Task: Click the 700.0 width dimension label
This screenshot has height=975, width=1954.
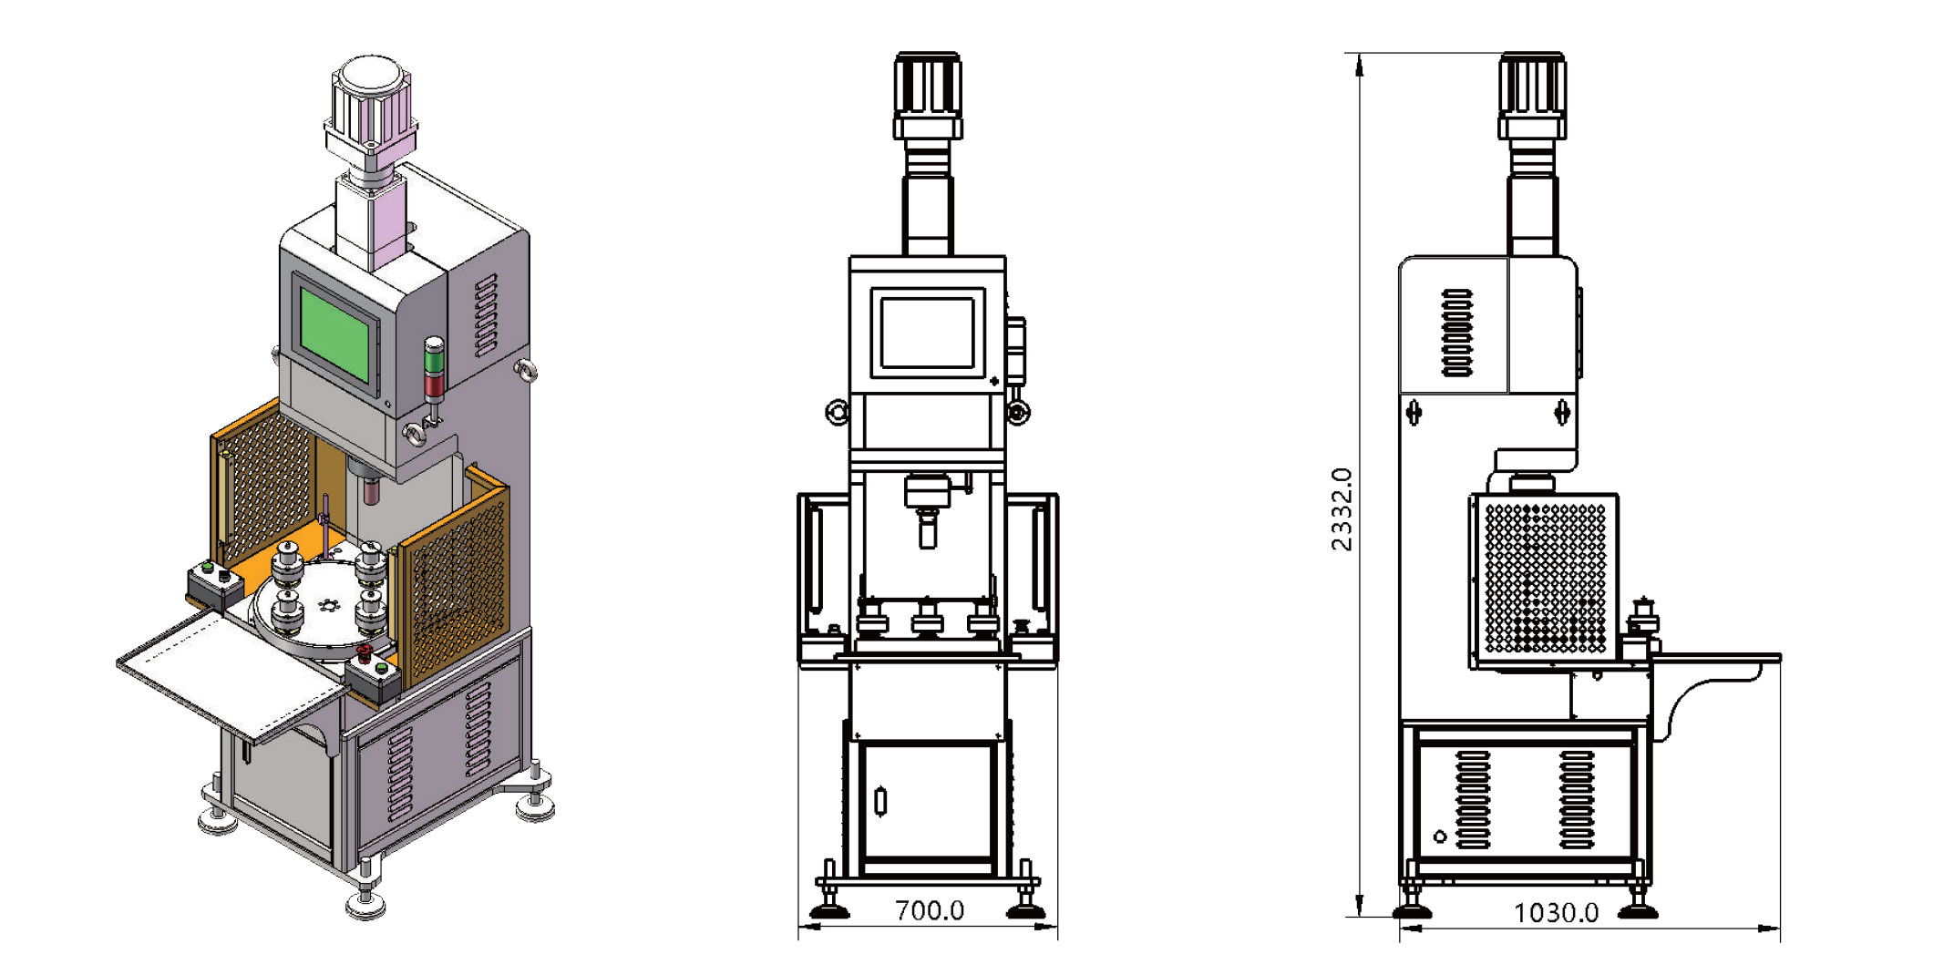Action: pyautogui.click(x=929, y=910)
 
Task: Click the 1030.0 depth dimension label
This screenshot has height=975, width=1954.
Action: pyautogui.click(x=1556, y=913)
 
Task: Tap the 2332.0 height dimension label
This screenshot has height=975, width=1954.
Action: pyautogui.click(x=1342, y=509)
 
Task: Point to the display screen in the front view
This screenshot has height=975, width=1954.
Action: pyautogui.click(x=928, y=334)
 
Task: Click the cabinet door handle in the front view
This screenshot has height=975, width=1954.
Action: pyautogui.click(x=880, y=801)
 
